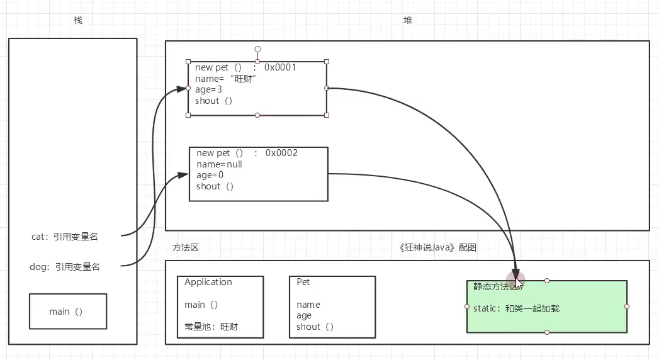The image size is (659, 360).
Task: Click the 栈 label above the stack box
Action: tap(78, 21)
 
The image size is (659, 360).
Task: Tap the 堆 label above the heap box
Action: tap(408, 21)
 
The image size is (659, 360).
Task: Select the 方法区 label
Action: tap(186, 248)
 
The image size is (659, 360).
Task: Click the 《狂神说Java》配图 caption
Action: tap(438, 248)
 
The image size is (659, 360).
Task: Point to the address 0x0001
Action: tap(280, 67)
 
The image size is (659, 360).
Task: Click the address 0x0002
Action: tap(281, 153)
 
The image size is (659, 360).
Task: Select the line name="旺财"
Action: tap(227, 79)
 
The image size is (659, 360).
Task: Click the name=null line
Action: tap(219, 164)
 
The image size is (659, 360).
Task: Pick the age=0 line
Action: tap(210, 175)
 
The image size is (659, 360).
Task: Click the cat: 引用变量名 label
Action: tap(65, 237)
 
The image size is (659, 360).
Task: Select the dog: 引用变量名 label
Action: tap(65, 267)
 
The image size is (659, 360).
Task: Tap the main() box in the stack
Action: tap(67, 312)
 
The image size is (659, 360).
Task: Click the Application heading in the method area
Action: tap(208, 282)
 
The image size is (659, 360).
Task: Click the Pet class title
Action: tap(303, 282)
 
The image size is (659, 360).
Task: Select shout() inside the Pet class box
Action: tap(315, 327)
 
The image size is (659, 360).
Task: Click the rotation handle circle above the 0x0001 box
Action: tap(257, 48)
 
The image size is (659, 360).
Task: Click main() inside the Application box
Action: tap(201, 305)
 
